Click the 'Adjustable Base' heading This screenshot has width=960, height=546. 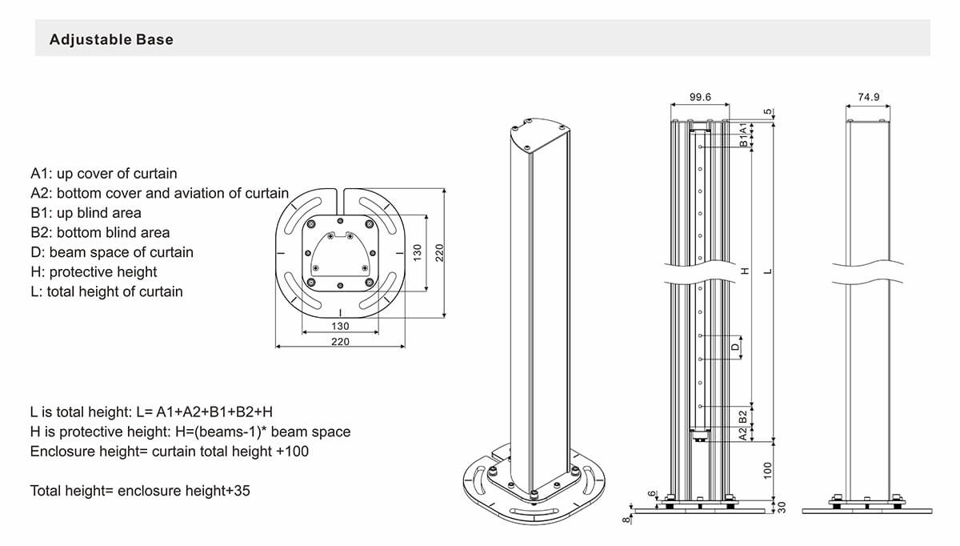pos(111,39)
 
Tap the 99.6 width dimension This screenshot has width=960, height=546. pos(700,97)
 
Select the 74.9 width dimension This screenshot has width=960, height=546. pos(868,97)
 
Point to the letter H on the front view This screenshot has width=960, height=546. pos(744,271)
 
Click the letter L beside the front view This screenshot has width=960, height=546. pos(767,271)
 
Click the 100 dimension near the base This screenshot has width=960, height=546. pos(767,470)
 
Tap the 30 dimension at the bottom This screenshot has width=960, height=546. pos(782,506)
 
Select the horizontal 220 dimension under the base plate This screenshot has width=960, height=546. pos(340,342)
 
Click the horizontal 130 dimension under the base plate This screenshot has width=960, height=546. pos(340,327)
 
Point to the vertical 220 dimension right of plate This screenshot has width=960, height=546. pos(438,253)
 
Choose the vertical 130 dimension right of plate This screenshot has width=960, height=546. pos(416,253)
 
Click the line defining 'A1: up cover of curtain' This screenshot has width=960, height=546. pos(104,174)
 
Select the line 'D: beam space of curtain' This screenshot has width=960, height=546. pos(112,252)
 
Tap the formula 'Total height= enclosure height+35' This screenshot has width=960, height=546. pos(140,490)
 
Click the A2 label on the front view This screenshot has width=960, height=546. pos(743,433)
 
